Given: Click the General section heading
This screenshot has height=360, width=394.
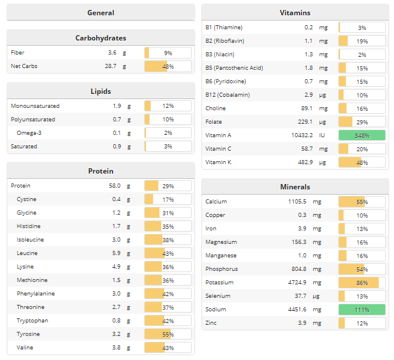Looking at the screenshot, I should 101,12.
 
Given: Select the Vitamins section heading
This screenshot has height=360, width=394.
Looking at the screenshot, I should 295,12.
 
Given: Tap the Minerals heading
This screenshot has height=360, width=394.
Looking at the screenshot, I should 295,186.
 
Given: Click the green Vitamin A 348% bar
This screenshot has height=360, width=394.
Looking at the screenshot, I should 362,135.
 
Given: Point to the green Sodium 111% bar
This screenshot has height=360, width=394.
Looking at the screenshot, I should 362,310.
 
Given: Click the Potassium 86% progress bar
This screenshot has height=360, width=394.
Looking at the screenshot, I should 362,283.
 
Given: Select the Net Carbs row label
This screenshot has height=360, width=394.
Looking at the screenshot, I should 24,66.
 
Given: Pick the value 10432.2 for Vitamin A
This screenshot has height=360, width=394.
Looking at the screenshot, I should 301,135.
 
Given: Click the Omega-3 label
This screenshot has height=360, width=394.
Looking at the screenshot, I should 29,133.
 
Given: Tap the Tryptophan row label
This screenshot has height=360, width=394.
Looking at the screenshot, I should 32,321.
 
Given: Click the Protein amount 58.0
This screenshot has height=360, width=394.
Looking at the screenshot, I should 114,186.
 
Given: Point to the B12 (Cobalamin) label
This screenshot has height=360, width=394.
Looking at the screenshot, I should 227,95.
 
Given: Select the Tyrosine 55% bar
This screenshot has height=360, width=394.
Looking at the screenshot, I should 168,334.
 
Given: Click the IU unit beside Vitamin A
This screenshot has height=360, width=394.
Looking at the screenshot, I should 322,135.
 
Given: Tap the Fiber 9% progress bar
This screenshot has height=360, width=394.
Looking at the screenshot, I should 168,53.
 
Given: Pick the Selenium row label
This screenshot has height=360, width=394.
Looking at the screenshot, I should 218,296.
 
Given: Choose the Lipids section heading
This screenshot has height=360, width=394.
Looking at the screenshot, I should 101,91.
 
